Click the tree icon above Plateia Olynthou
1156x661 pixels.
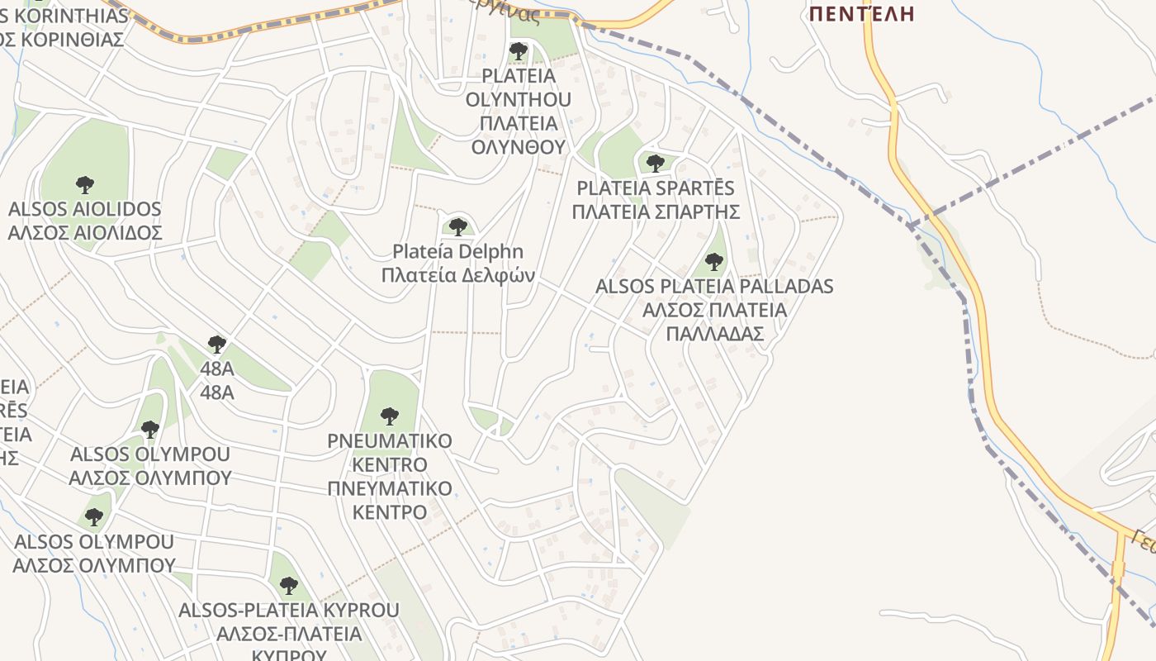pyautogui.click(x=519, y=52)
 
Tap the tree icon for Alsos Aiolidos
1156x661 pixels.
pyautogui.click(x=84, y=185)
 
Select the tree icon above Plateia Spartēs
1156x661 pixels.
pyautogui.click(x=656, y=163)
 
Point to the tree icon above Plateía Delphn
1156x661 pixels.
pyautogui.click(x=458, y=226)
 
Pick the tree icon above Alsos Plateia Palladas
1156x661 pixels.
pyautogui.click(x=714, y=263)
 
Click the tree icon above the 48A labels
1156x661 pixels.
pyautogui.click(x=217, y=345)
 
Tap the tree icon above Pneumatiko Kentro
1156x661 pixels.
pyautogui.click(x=390, y=416)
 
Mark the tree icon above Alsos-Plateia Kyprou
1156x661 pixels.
pyautogui.click(x=288, y=586)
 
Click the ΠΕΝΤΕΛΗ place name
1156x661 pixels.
pyautogui.click(x=862, y=13)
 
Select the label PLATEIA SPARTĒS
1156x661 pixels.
pyautogui.click(x=656, y=188)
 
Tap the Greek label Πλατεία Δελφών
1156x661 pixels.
pyautogui.click(x=458, y=275)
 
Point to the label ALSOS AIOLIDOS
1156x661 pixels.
pyautogui.click(x=84, y=209)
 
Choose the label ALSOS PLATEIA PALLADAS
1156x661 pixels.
pyautogui.click(x=714, y=287)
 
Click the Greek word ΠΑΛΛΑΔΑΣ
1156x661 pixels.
pyautogui.click(x=714, y=334)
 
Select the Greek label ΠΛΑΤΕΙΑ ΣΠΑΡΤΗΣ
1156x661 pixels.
pyautogui.click(x=656, y=212)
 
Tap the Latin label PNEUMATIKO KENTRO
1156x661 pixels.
pyautogui.click(x=390, y=452)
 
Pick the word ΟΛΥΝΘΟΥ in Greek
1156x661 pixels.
pyautogui.click(x=519, y=147)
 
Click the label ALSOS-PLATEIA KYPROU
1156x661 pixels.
pyautogui.click(x=289, y=611)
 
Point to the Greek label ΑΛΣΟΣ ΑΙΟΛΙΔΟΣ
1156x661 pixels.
pyautogui.click(x=84, y=233)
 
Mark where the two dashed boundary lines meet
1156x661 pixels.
pyautogui.click(x=909, y=226)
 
